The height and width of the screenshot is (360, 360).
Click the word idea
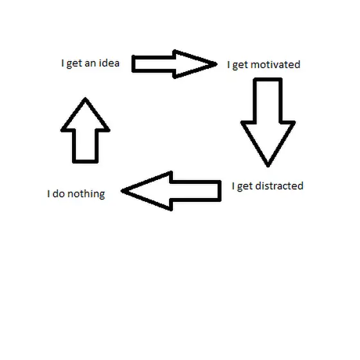[109, 63]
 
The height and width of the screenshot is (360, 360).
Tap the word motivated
[275, 64]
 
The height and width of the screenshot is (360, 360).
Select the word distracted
[279, 186]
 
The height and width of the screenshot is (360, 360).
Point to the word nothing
[86, 194]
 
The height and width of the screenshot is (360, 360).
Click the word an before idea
[90, 64]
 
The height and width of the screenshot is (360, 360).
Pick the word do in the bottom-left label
[59, 194]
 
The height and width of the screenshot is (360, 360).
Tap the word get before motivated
[240, 66]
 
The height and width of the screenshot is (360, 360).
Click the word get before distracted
[245, 186]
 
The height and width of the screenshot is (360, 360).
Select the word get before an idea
[74, 64]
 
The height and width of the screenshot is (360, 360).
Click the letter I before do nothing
[48, 194]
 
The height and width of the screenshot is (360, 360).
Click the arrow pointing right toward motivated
[174, 64]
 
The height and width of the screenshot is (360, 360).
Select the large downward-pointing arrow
[267, 122]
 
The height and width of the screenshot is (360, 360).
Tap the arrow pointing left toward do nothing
[171, 191]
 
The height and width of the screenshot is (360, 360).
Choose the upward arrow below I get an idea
[85, 130]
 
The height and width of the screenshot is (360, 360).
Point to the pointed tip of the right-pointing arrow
[216, 64]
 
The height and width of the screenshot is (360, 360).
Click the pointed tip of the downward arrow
[268, 166]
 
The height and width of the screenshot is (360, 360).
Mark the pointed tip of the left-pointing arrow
[122, 191]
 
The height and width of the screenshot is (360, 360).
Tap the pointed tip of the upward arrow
[85, 98]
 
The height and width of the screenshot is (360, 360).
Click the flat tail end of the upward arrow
[85, 161]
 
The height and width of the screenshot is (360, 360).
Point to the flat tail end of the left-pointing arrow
[220, 191]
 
